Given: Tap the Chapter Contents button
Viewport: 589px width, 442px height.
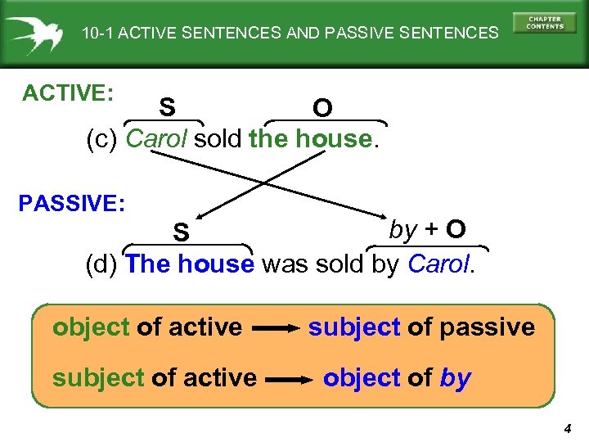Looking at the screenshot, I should (545, 23).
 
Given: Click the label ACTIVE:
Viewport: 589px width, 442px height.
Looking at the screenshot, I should (68, 93).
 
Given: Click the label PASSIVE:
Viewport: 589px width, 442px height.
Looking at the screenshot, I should (72, 203).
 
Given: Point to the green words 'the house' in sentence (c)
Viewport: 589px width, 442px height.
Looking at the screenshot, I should (310, 139).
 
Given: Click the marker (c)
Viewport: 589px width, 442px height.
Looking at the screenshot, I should (105, 140).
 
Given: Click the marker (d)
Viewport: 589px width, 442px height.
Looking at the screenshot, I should (105, 264).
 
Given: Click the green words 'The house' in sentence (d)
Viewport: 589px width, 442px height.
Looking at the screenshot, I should (191, 264).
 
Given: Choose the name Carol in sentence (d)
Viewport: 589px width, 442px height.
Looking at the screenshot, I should (438, 264).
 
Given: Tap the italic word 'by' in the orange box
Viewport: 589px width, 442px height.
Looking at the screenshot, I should (455, 379).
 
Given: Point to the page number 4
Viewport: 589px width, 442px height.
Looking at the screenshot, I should (567, 428).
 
